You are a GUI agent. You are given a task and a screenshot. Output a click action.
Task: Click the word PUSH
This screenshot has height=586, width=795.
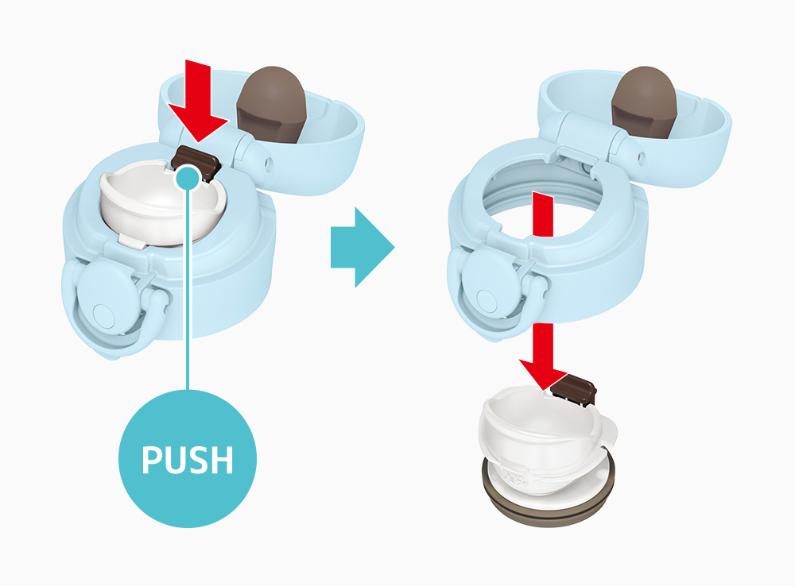pyautogui.click(x=188, y=460)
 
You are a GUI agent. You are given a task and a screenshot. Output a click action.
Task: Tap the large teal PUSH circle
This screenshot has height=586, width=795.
pyautogui.click(x=188, y=458)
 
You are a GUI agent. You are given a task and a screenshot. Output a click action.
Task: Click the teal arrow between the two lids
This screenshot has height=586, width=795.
pyautogui.click(x=363, y=247)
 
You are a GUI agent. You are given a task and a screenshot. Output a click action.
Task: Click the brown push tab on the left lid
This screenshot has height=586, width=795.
pyautogui.click(x=196, y=161)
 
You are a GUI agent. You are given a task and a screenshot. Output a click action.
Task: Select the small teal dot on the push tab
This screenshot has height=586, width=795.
pyautogui.click(x=188, y=178)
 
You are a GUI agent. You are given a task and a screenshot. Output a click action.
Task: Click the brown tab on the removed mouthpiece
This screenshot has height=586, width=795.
pyautogui.click(x=573, y=388)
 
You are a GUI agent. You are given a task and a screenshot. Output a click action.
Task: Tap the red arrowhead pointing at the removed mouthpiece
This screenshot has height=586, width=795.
pyautogui.click(x=542, y=374)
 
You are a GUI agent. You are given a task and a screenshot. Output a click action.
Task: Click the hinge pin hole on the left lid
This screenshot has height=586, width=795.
pyautogui.click(x=268, y=163)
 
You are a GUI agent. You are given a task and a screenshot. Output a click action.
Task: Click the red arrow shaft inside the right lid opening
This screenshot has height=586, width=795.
pyautogui.click(x=542, y=214)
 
